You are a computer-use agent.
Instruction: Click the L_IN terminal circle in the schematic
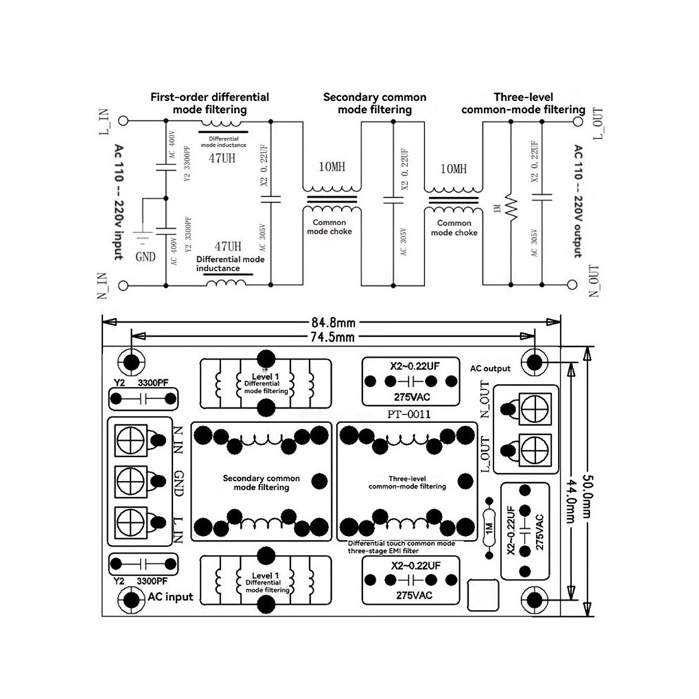pos(123,120)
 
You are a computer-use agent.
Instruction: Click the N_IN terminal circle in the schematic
pos(123,285)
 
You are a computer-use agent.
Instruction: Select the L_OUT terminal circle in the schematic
pos(578,121)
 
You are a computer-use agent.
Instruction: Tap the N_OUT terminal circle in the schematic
pos(572,285)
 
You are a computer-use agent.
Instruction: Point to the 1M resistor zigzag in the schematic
pos(511,208)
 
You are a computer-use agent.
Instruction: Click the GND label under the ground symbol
pos(145,257)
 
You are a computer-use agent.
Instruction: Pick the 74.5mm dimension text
pos(333,337)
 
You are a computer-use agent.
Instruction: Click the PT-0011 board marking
pos(409,414)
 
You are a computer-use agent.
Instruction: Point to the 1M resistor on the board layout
pos(489,528)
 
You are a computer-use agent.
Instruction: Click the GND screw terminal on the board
pos(131,481)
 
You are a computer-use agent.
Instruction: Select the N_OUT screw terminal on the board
pos(535,408)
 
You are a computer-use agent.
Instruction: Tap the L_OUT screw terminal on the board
pos(535,449)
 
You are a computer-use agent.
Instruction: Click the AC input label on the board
pos(171,597)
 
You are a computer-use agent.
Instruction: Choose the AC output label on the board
pos(490,369)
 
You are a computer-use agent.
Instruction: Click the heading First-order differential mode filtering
pos(210,103)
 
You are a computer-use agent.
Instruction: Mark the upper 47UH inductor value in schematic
pos(222,158)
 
